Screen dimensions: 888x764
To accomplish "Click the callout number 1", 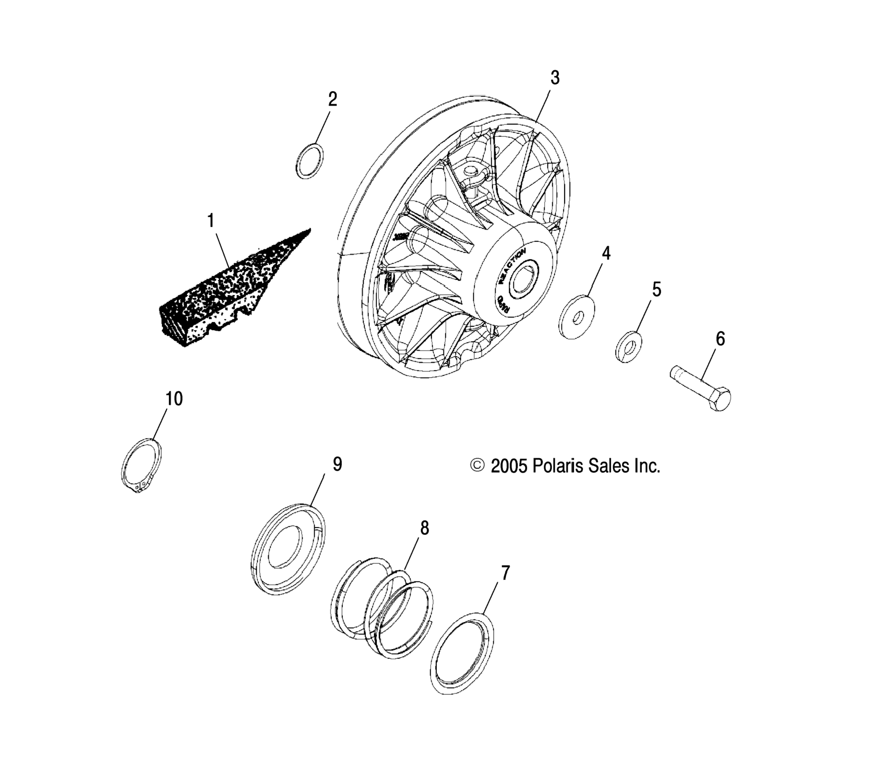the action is pyautogui.click(x=211, y=221).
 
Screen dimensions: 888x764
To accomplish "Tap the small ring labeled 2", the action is pyautogui.click(x=309, y=161).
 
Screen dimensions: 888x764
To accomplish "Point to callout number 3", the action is pyautogui.click(x=555, y=78).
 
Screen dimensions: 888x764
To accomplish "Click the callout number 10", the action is pyautogui.click(x=174, y=398).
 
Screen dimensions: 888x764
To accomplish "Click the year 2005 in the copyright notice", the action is pyautogui.click(x=509, y=466).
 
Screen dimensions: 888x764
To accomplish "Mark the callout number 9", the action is pyautogui.click(x=337, y=464).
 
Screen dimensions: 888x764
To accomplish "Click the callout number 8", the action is pyautogui.click(x=424, y=528).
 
